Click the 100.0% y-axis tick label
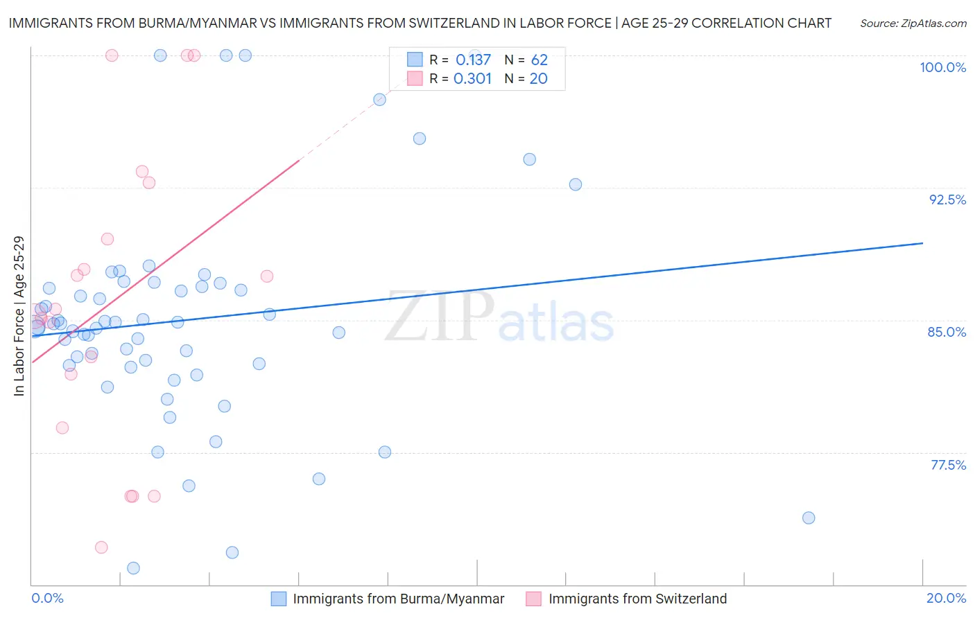942,67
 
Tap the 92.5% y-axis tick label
947,200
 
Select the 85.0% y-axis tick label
947,332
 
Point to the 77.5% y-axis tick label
948,465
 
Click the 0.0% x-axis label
47,598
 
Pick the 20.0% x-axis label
946,598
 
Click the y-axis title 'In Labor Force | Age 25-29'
19,316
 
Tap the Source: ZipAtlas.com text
913,24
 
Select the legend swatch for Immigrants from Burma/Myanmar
278,599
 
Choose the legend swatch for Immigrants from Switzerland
533,599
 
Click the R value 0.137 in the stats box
473,60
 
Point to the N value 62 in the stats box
539,60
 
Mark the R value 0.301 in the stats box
473,79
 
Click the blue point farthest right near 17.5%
808,518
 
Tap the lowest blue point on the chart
133,568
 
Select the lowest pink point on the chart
101,547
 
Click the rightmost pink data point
266,276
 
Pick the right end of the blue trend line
922,243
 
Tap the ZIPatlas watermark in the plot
499,317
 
